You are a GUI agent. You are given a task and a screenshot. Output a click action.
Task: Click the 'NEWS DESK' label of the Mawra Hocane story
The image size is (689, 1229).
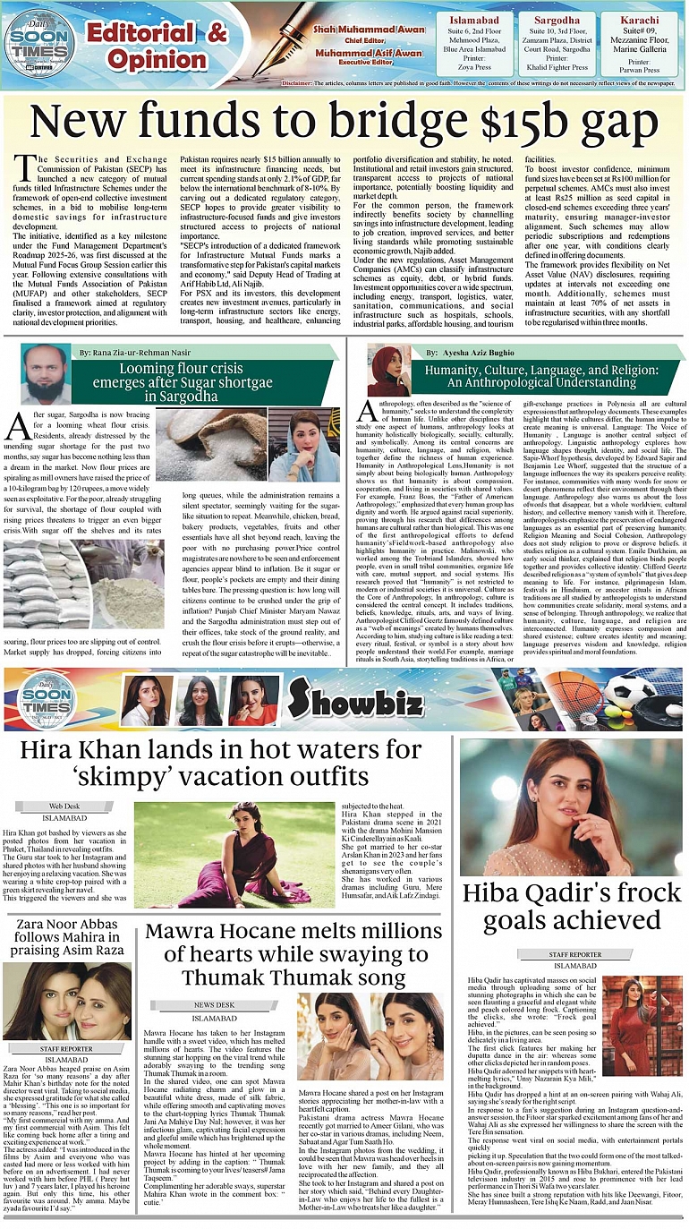(214, 1005)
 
